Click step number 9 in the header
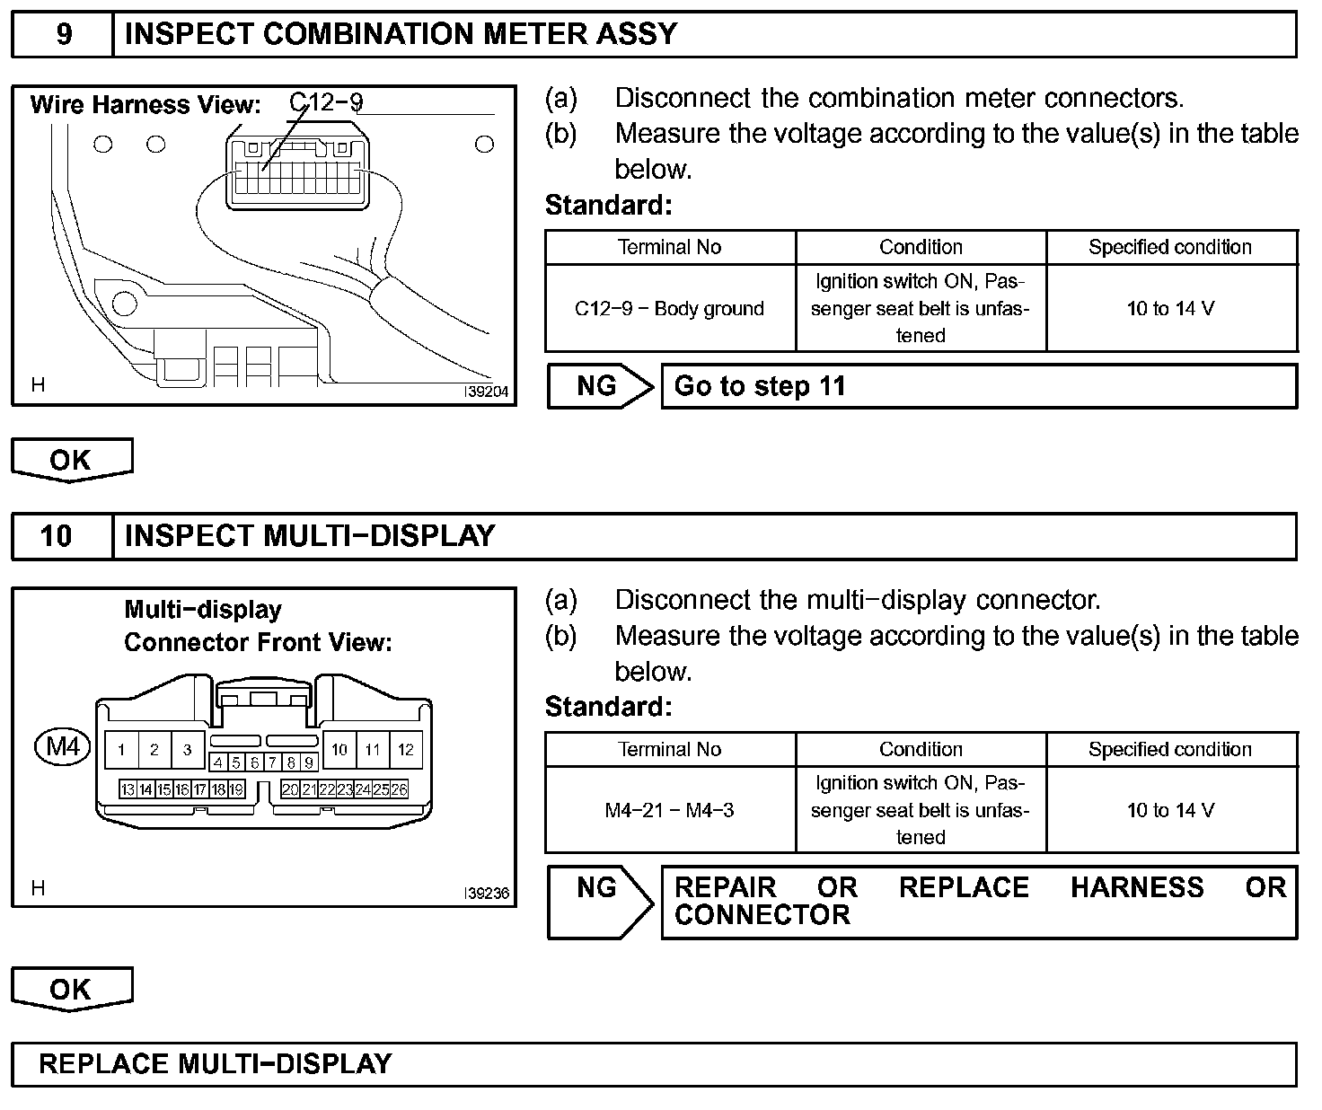[64, 34]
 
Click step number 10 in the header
[56, 536]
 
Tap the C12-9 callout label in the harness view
[326, 101]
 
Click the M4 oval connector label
[63, 746]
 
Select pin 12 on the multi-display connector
[406, 749]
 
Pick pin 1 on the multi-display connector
[121, 750]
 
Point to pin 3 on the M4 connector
[187, 750]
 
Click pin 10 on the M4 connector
[339, 749]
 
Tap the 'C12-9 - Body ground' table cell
[669, 309]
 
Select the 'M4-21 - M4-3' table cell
[669, 811]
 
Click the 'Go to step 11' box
[979, 386]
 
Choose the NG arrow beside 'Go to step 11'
[599, 386]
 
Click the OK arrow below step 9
[71, 460]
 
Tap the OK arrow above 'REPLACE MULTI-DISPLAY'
[71, 989]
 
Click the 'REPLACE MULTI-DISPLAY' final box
[654, 1064]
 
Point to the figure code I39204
[486, 392]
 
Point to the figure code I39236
[486, 894]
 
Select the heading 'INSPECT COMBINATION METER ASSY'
[401, 34]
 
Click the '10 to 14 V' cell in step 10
[1170, 811]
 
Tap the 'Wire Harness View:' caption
[145, 105]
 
